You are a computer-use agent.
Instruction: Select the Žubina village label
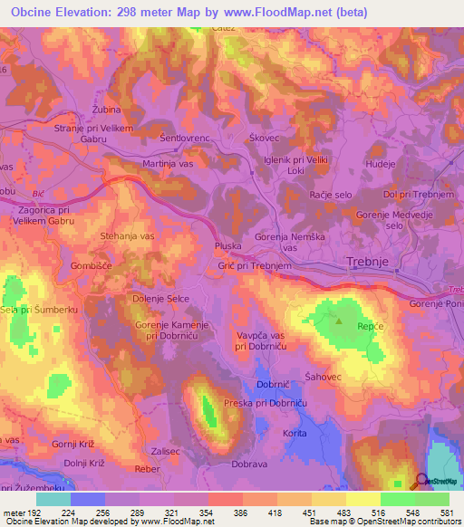tap(106, 110)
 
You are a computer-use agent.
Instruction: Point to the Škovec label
tap(264, 138)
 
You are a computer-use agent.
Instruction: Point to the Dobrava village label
tap(249, 464)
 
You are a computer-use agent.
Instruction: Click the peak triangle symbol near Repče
tap(339, 320)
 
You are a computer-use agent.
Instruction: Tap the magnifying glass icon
tap(423, 482)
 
